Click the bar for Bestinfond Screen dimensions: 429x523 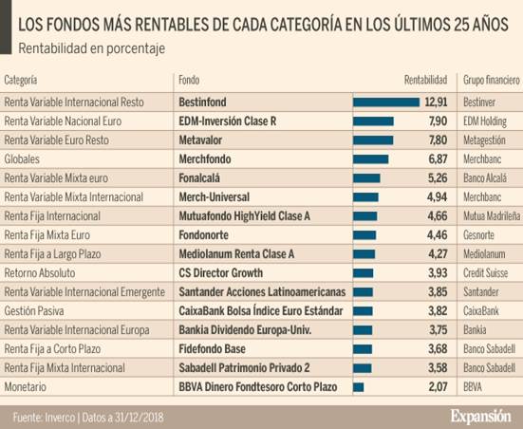coord(386,102)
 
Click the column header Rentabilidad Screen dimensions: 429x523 coord(425,80)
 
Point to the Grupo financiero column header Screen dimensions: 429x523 coord(491,80)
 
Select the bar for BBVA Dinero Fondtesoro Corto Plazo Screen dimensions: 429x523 coord(359,387)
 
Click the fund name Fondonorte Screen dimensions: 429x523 coord(206,234)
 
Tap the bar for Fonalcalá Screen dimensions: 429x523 coord(366,177)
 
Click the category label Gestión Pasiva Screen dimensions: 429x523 coord(39,311)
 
